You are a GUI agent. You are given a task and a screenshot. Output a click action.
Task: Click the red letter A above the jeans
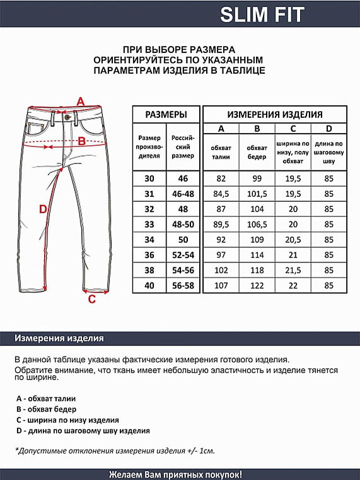[80, 101]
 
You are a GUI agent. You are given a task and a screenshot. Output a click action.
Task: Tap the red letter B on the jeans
[81, 141]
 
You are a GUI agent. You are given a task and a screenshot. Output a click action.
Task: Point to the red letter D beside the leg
[43, 209]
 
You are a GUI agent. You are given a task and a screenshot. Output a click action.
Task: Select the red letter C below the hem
[91, 299]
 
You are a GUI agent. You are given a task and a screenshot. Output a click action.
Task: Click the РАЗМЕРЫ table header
[166, 115]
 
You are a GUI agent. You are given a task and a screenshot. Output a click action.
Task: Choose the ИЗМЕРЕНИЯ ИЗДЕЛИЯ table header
[275, 115]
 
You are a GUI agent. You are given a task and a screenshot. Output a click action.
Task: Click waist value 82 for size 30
[221, 179]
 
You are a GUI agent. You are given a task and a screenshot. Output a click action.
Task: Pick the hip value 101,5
[257, 194]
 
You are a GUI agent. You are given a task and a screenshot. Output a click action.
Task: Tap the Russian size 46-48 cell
[183, 194]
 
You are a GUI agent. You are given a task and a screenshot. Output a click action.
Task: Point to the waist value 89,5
[221, 224]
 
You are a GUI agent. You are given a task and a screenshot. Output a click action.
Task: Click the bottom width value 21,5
[293, 269]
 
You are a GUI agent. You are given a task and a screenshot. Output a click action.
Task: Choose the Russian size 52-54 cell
[183, 254]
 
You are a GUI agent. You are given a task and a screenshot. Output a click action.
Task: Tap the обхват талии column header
[221, 151]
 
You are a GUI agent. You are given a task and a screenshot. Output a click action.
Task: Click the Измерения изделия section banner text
[59, 339]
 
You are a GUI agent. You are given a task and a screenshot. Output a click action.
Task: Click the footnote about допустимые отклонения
[115, 451]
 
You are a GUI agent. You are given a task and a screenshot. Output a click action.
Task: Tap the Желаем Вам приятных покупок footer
[176, 474]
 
